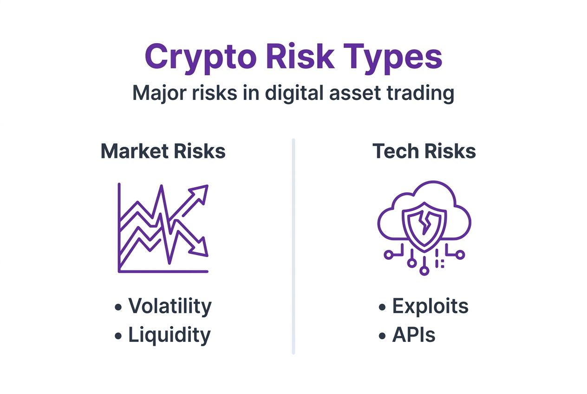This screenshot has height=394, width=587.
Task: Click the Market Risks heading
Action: (x=163, y=151)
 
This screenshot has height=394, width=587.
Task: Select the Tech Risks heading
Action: (x=424, y=151)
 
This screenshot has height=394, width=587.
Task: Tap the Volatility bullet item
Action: (x=170, y=306)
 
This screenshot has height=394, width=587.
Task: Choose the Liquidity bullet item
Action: (x=169, y=335)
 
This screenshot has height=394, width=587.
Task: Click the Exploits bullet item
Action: (x=430, y=306)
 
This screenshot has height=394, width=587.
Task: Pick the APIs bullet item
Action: (x=413, y=335)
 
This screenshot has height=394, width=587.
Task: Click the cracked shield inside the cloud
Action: (x=424, y=218)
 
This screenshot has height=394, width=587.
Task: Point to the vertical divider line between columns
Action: (x=293, y=246)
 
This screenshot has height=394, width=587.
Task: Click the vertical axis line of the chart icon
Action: (x=119, y=228)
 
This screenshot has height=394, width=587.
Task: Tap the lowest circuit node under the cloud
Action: (x=424, y=270)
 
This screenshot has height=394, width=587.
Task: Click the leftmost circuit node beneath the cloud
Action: (x=389, y=254)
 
